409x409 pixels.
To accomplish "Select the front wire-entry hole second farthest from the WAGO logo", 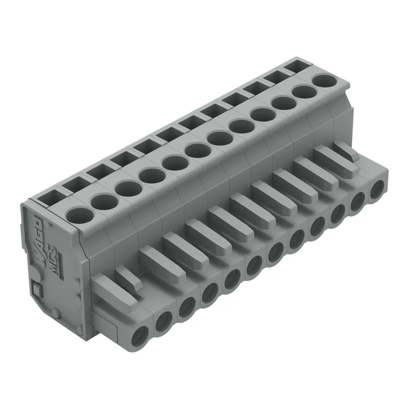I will (358, 201).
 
